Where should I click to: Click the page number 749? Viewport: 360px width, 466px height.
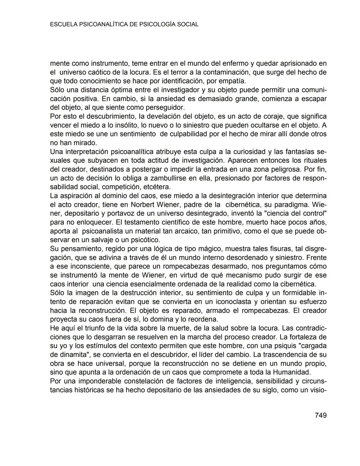(x=320, y=415)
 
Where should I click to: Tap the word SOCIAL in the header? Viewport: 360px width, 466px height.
(x=188, y=24)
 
